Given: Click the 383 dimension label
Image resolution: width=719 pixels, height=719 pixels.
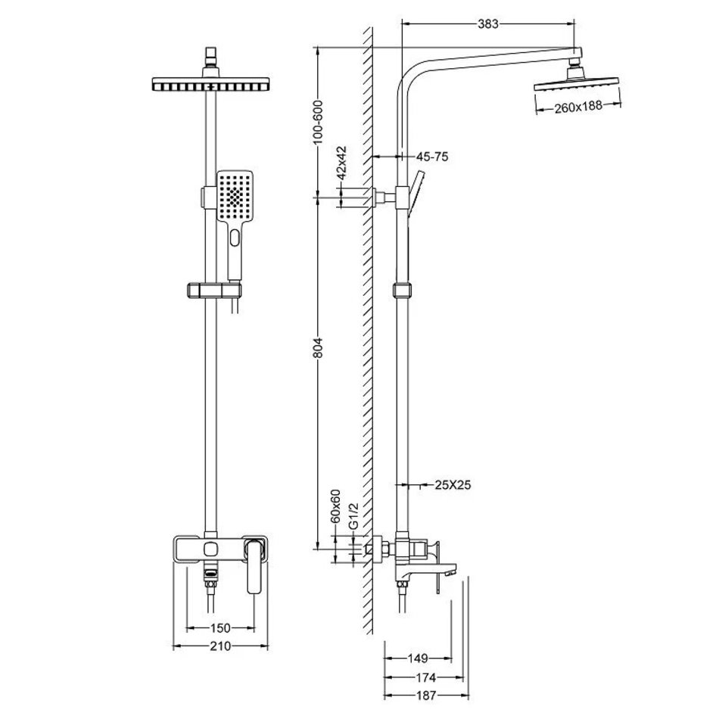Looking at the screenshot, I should click(488, 23).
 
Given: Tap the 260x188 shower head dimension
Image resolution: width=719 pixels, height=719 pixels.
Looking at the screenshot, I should click(577, 107).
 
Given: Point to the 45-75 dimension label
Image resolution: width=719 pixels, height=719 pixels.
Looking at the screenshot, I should click(433, 157).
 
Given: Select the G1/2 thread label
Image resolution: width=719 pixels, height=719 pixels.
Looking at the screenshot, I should click(353, 519).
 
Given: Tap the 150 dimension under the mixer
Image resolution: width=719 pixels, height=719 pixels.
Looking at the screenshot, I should click(219, 628).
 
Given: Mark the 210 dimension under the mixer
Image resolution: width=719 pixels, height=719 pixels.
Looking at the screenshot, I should click(219, 646).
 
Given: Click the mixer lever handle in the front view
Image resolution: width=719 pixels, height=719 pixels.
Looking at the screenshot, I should click(257, 565).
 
